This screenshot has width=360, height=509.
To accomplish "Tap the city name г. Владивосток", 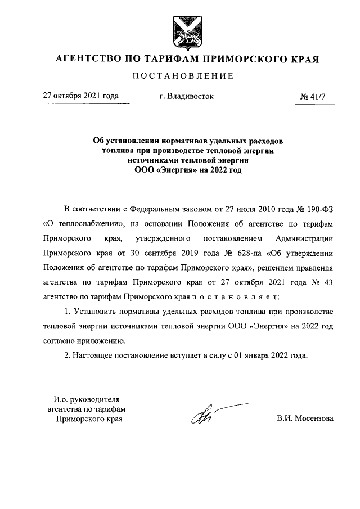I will click(187, 96).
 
